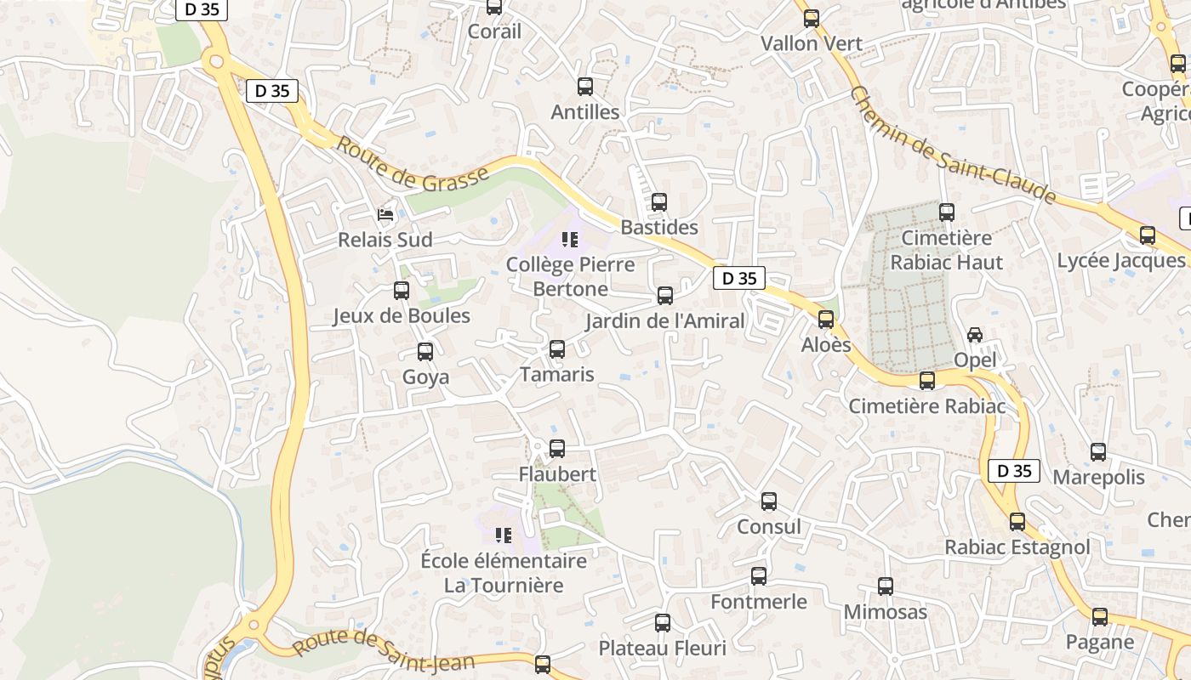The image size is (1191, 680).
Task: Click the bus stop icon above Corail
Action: tap(494, 8)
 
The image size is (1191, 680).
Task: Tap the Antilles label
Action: tap(585, 112)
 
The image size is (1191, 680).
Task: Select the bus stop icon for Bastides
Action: tap(659, 202)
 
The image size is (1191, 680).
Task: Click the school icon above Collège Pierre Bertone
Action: tap(570, 240)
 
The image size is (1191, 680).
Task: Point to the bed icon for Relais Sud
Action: tap(386, 215)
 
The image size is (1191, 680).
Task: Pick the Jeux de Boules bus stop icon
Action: tap(402, 291)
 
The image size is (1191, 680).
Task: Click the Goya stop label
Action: tap(425, 377)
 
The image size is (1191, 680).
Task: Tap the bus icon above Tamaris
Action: tap(557, 349)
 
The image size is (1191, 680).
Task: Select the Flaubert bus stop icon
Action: tap(557, 449)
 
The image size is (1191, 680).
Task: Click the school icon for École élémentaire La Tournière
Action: tap(504, 535)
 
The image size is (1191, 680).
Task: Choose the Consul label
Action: tap(769, 527)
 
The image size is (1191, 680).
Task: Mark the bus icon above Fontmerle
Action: tap(759, 576)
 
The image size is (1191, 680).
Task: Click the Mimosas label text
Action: tap(886, 612)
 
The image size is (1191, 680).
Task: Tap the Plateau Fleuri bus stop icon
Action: tap(663, 623)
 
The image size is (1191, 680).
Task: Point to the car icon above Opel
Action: tap(975, 335)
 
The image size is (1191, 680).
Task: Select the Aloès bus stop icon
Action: tap(826, 320)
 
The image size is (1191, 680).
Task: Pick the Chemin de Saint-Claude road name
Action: tap(952, 145)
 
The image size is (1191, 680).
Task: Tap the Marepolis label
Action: tap(1099, 477)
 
